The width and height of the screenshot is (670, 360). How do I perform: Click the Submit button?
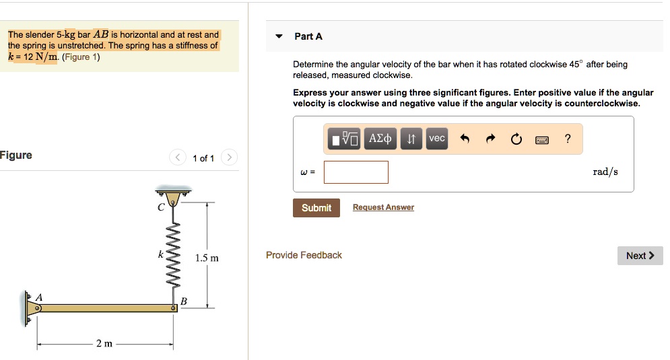pyautogui.click(x=316, y=208)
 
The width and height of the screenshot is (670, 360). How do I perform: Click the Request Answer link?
pyautogui.click(x=383, y=207)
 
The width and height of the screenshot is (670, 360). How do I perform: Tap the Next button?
pyautogui.click(x=640, y=256)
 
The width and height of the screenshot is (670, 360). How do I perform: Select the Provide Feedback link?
pyautogui.click(x=304, y=255)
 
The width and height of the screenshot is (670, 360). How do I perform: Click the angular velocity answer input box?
pyautogui.click(x=356, y=172)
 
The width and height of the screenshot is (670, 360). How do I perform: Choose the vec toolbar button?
pyautogui.click(x=437, y=139)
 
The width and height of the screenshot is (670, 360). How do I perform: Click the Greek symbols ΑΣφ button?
pyautogui.click(x=380, y=139)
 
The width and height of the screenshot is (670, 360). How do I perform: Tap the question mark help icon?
pyautogui.click(x=568, y=139)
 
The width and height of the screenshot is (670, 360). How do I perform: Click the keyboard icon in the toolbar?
pyautogui.click(x=542, y=139)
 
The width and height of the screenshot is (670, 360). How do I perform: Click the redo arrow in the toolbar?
pyautogui.click(x=490, y=139)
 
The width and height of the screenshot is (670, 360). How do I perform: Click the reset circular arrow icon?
pyautogui.click(x=516, y=139)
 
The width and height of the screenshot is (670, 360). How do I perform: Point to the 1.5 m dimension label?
pyautogui.click(x=207, y=258)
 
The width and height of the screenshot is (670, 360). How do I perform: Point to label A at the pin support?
pyautogui.click(x=39, y=297)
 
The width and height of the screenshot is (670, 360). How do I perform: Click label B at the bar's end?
pyautogui.click(x=183, y=301)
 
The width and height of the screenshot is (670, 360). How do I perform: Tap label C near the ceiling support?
pyautogui.click(x=160, y=208)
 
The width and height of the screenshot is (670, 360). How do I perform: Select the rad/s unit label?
pyautogui.click(x=605, y=172)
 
